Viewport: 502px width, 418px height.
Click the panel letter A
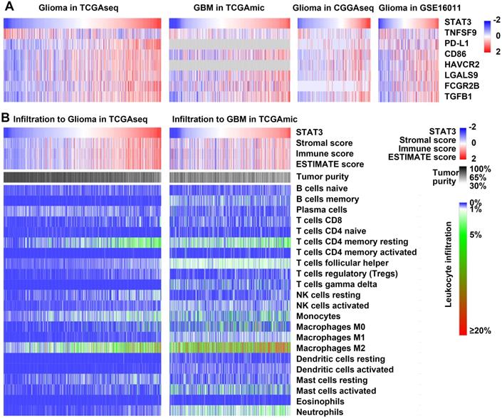[x=7, y=7]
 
